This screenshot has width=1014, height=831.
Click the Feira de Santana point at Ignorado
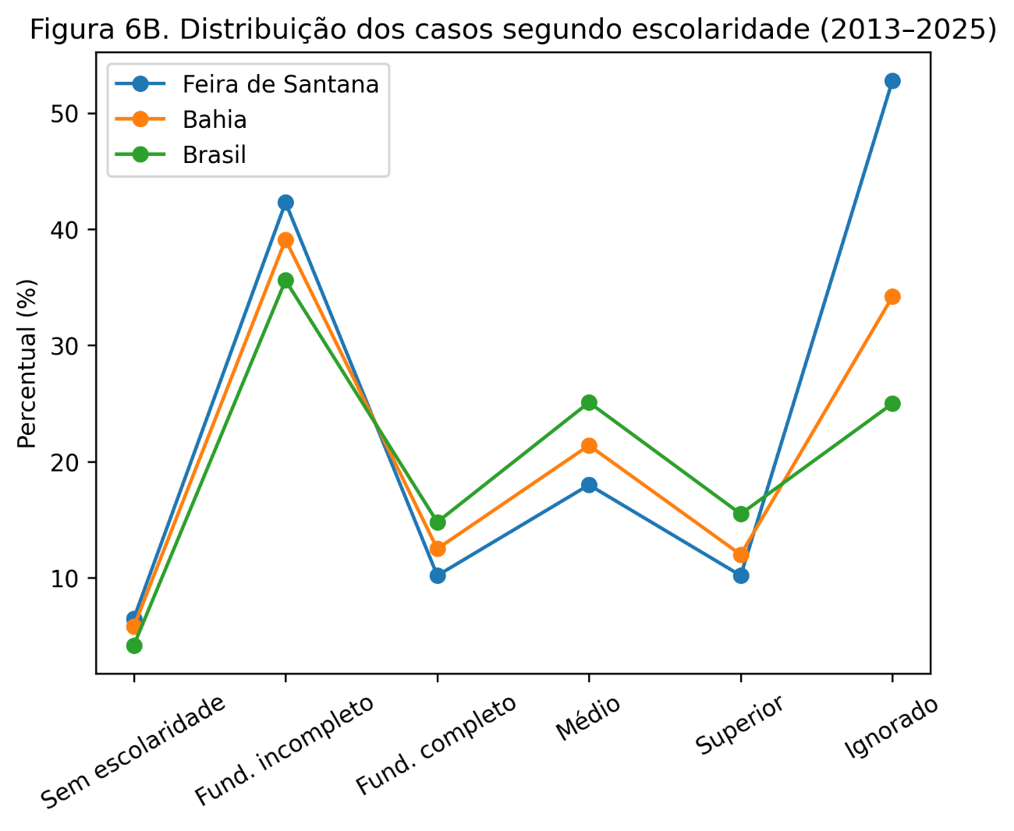click(x=892, y=81)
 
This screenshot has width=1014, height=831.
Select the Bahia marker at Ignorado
click(x=892, y=296)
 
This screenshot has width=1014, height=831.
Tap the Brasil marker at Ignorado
click(x=892, y=404)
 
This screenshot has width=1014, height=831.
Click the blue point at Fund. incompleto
click(x=285, y=203)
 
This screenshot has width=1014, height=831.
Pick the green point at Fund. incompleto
click(x=285, y=281)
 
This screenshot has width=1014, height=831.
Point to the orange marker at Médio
click(x=589, y=446)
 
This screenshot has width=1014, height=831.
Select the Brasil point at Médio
click(x=589, y=402)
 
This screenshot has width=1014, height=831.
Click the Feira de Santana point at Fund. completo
click(x=438, y=575)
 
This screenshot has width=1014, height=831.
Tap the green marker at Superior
click(x=741, y=514)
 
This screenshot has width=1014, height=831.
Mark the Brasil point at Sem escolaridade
click(x=134, y=645)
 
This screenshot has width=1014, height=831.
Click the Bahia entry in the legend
click(x=214, y=119)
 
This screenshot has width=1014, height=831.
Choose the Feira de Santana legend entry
click(x=280, y=84)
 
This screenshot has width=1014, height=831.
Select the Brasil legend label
click(x=214, y=155)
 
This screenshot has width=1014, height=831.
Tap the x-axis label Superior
click(x=739, y=726)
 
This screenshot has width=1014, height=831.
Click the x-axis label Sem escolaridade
click(x=133, y=752)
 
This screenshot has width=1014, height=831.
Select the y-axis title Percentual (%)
click(x=27, y=363)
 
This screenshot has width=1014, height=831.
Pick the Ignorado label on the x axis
click(x=892, y=728)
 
